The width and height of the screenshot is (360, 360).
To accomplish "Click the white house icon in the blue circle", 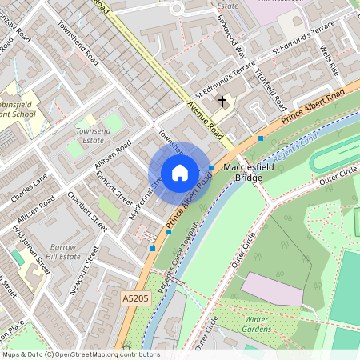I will click(180, 173).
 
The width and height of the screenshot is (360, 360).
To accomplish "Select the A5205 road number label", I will click(136, 298).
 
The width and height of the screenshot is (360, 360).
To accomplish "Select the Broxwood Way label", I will click(230, 36).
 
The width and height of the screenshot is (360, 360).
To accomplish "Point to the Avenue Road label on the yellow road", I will click(202, 118).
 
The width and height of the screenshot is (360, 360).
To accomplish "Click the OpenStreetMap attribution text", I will click(80, 354).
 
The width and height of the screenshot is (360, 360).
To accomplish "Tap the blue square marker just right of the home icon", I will click(210, 168).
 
